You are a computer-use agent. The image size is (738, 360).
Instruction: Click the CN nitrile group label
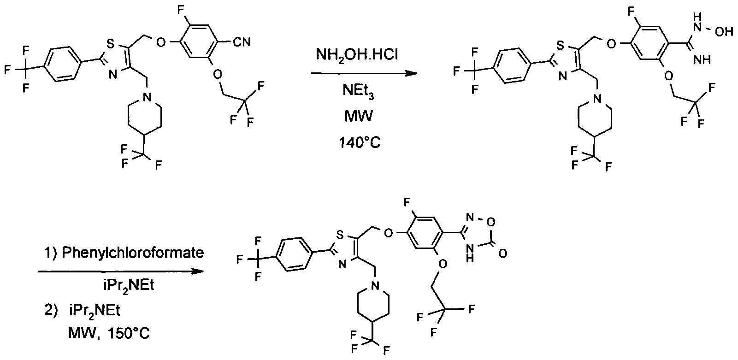pyautogui.click(x=242, y=42)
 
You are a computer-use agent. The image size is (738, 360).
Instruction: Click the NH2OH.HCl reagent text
pyautogui.click(x=357, y=54)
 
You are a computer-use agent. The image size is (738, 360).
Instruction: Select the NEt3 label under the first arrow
pyautogui.click(x=358, y=91)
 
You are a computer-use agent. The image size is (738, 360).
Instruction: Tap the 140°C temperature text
pyautogui.click(x=360, y=142)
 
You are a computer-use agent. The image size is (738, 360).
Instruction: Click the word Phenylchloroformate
pyautogui.click(x=133, y=253)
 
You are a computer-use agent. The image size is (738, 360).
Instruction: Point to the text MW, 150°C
pyautogui.click(x=109, y=333)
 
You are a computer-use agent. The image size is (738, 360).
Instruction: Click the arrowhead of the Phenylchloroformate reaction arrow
pyautogui.click(x=197, y=271)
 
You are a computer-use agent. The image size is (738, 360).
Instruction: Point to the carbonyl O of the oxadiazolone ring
pyautogui.click(x=502, y=253)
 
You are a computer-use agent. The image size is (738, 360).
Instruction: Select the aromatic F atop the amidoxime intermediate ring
pyautogui.click(x=631, y=12)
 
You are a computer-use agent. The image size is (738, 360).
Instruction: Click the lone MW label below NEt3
pyautogui.click(x=359, y=116)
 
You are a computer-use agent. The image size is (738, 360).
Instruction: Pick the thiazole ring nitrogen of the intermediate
pyautogui.click(x=563, y=77)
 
